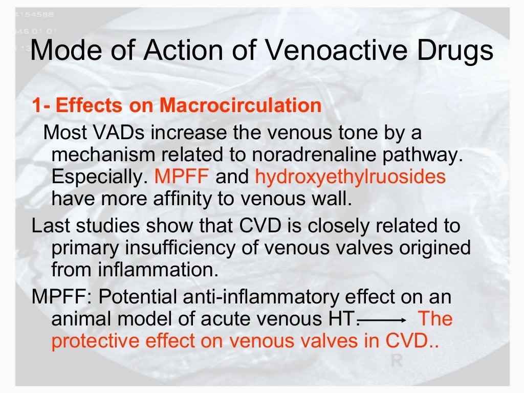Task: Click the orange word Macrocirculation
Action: (x=241, y=106)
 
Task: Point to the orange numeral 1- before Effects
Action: (x=41, y=106)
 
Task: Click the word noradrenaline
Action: (x=304, y=155)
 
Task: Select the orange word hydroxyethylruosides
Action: (x=350, y=177)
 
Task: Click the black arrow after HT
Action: (x=383, y=320)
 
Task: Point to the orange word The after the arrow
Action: (x=435, y=319)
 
